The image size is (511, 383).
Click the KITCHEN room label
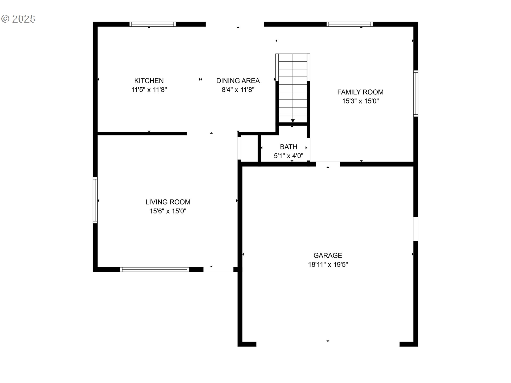[x=149, y=81]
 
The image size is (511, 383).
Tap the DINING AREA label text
[x=238, y=81]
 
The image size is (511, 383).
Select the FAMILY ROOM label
[x=360, y=92]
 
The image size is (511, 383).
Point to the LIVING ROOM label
[x=168, y=202]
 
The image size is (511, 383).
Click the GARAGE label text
[x=328, y=255]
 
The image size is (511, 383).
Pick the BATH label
[x=289, y=147]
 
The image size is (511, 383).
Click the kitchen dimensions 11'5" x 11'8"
[x=149, y=90]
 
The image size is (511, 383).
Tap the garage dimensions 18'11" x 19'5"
[x=328, y=264]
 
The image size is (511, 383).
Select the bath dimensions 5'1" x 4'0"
[x=289, y=156]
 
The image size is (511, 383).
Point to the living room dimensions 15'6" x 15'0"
[x=168, y=211]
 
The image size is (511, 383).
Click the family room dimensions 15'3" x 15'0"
[x=360, y=101]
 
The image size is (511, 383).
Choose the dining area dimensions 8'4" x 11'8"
[x=238, y=90]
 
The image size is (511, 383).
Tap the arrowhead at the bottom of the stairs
[x=293, y=121]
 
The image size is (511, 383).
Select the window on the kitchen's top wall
[x=153, y=24]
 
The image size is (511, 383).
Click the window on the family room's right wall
[x=416, y=93]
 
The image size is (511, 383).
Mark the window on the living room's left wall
[x=95, y=200]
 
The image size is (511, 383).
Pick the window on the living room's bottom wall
[x=155, y=269]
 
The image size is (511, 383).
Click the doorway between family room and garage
[x=328, y=164]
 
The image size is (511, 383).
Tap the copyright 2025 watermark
[x=18, y=19]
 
